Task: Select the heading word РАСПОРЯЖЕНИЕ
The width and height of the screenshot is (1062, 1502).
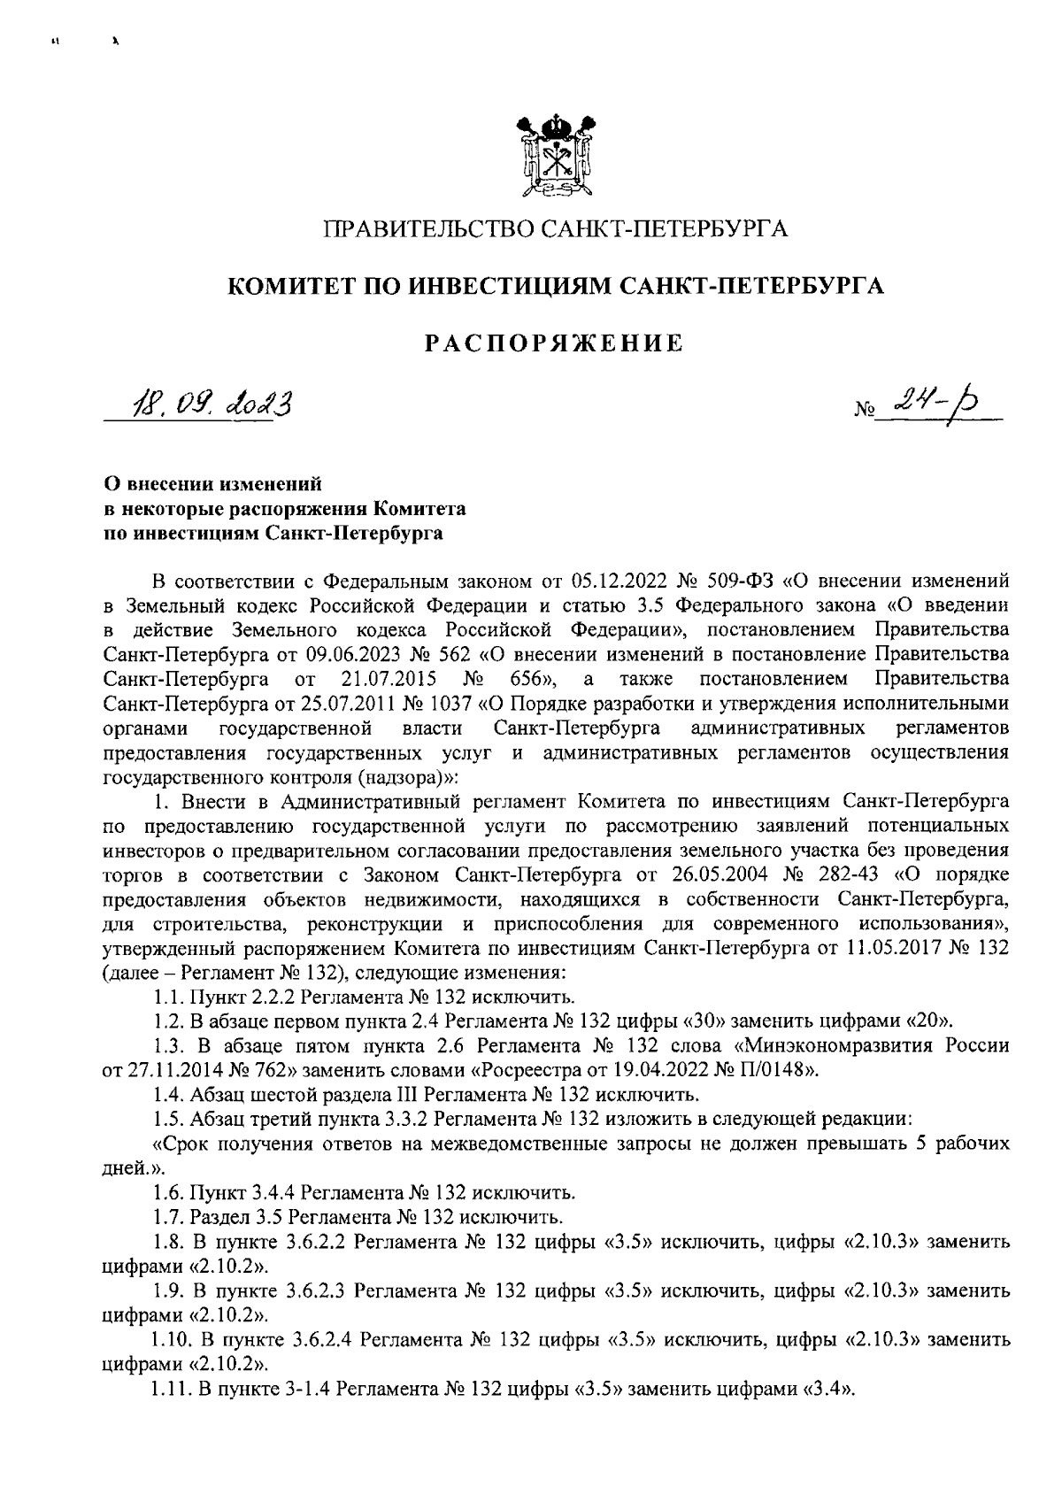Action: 556,343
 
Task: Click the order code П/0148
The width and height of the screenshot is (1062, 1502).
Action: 774,1069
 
